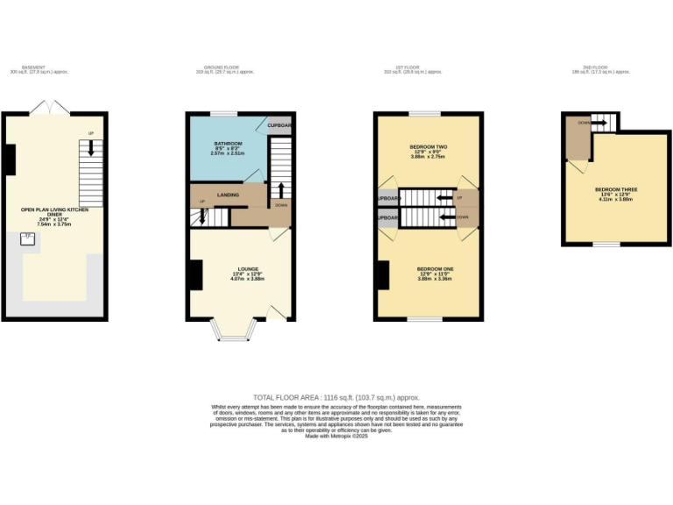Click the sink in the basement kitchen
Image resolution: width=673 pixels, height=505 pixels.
28,237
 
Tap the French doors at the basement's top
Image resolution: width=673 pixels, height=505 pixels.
49,108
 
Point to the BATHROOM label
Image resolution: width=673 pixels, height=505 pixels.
229,145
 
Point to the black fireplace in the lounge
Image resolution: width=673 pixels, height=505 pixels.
194,274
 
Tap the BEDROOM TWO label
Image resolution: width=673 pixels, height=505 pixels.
429,148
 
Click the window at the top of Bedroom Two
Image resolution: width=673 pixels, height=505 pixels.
425,113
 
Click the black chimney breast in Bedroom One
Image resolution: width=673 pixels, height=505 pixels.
382,275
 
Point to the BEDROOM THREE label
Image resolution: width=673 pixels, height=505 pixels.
616,191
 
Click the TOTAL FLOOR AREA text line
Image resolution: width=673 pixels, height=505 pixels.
336,397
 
